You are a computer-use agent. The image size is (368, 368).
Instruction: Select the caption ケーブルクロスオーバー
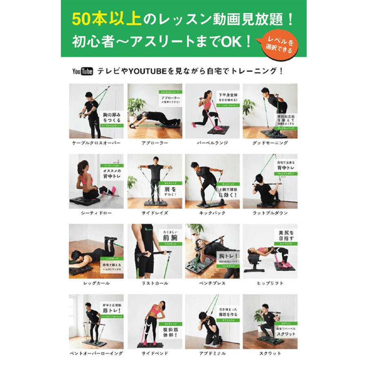pyautogui.click(x=96, y=143)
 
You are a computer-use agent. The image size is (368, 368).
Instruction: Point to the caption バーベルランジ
pyautogui.click(x=212, y=143)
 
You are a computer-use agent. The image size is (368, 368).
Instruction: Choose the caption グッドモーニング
pyautogui.click(x=270, y=143)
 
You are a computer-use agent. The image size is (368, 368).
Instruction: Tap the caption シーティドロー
pyautogui.click(x=96, y=213)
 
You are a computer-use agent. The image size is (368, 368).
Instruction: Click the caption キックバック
pyautogui.click(x=212, y=213)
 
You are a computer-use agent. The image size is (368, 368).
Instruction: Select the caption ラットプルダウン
pyautogui.click(x=270, y=213)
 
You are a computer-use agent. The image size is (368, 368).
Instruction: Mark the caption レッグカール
pyautogui.click(x=96, y=283)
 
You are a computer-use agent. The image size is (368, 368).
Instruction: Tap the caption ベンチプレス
pyautogui.click(x=212, y=283)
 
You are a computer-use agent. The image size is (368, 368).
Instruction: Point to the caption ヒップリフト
pyautogui.click(x=270, y=283)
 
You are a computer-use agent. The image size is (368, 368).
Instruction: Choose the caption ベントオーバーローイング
pyautogui.click(x=96, y=353)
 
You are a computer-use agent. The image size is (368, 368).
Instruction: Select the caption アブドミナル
pyautogui.click(x=212, y=353)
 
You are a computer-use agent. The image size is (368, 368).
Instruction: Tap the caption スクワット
pyautogui.click(x=270, y=353)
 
